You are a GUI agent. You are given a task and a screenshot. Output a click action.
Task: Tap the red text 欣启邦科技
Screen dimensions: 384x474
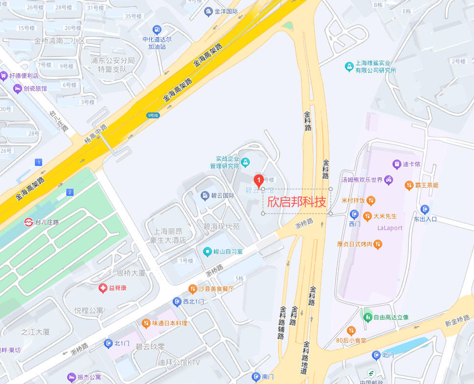tap(296, 201)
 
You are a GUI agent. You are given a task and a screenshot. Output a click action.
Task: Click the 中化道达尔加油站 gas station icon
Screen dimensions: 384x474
tap(157, 29)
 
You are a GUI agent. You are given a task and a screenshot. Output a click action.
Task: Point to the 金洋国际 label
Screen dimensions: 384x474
tap(224, 11)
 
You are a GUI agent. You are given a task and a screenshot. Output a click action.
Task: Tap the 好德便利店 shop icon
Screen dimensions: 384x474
tap(4, 76)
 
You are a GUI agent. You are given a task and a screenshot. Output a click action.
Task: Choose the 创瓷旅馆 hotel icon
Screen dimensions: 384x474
tap(18, 88)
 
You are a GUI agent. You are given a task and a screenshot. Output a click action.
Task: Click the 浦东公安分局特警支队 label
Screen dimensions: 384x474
tap(112, 65)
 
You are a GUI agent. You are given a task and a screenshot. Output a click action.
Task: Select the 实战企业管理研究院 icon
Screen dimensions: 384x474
tap(246, 162)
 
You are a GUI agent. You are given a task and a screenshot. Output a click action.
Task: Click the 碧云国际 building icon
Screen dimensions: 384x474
tap(205, 196)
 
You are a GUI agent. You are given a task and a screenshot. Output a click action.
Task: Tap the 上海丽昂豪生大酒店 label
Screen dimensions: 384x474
tap(168, 236)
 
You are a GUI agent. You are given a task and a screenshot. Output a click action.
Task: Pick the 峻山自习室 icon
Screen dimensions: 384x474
tap(207, 252)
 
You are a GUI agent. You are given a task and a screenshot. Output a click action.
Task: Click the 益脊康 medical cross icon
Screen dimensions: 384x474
tap(103, 288)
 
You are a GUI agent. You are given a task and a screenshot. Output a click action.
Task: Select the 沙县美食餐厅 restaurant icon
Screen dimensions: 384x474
tap(192, 289)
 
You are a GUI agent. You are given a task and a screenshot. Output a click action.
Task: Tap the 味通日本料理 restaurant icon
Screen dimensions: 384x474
tap(146, 323)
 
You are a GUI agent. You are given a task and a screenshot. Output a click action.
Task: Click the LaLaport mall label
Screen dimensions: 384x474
tap(390, 228)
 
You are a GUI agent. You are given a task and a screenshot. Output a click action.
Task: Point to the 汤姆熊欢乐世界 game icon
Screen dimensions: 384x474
tap(389, 180)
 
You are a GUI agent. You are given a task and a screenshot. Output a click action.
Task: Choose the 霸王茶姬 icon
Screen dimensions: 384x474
tap(409, 185)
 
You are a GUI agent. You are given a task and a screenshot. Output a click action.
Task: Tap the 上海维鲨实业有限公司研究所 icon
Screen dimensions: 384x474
tap(349, 66)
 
